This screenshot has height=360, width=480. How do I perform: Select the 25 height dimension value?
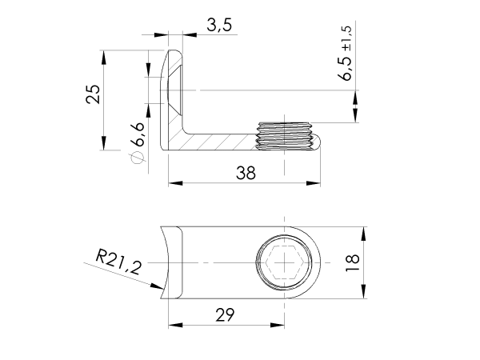click(x=94, y=95)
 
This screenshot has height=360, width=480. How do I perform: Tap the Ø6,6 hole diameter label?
click(x=137, y=139)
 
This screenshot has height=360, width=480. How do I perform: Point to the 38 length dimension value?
click(x=246, y=173)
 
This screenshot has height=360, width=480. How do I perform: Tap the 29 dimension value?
click(x=226, y=315)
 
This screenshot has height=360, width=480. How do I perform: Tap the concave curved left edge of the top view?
click(x=166, y=262)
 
